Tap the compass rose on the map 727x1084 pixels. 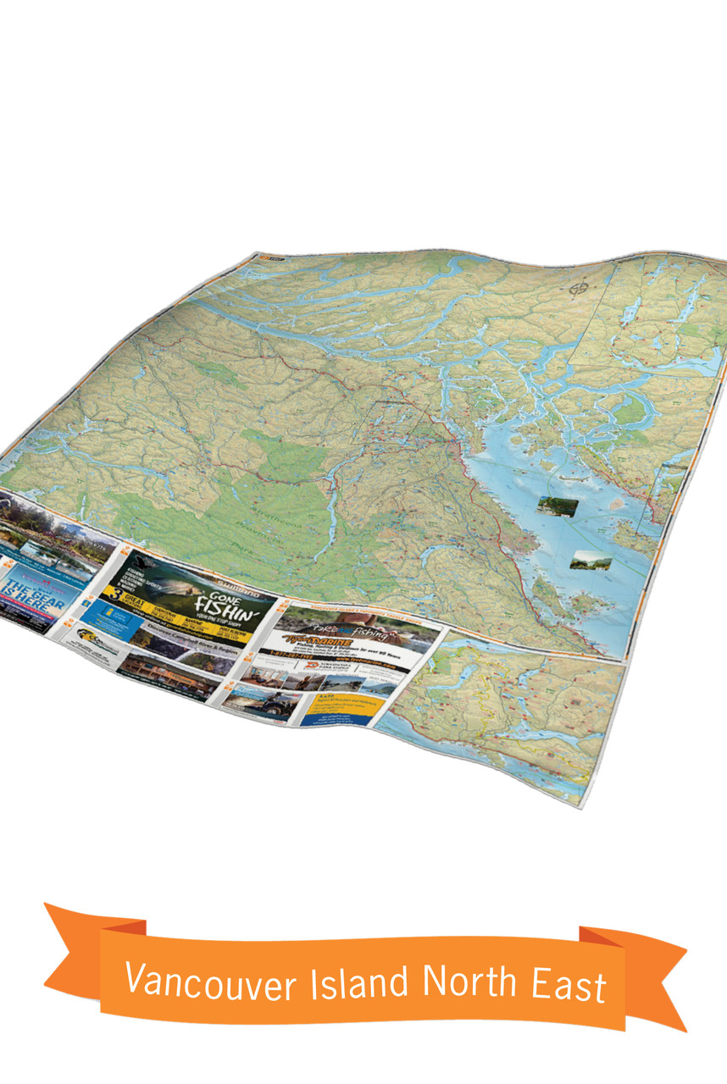pyautogui.click(x=580, y=289)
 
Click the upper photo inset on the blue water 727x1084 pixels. pyautogui.click(x=558, y=506)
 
